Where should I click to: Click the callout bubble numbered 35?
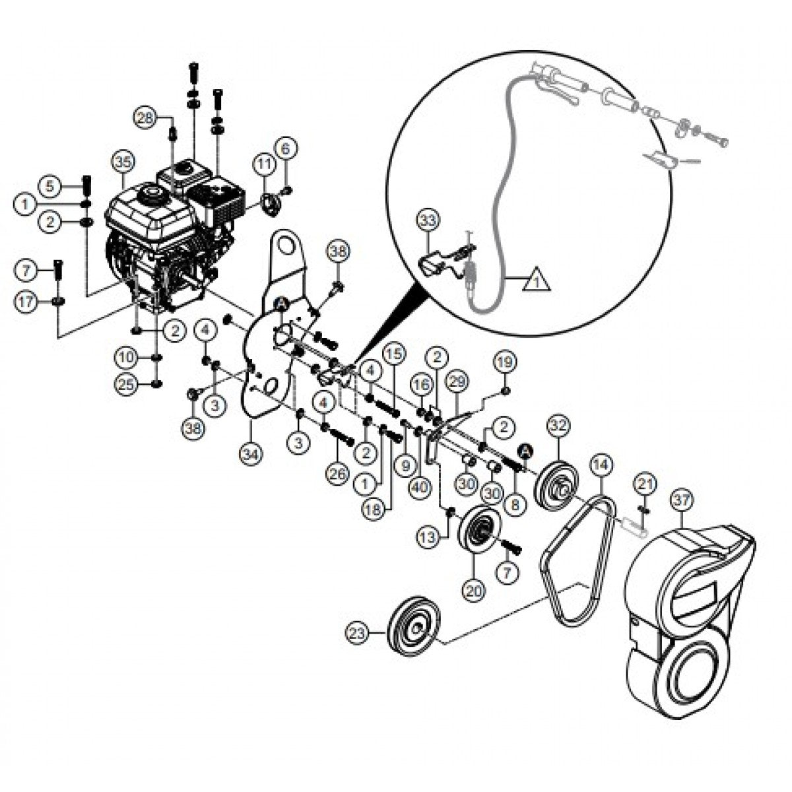tap(123, 161)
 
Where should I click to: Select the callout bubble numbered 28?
tap(146, 118)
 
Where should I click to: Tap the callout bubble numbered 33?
tap(428, 220)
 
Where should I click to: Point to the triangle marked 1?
tap(537, 282)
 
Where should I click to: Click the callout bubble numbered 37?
tap(681, 502)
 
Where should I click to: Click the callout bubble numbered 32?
tap(558, 426)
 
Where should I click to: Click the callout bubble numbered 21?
tap(645, 485)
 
